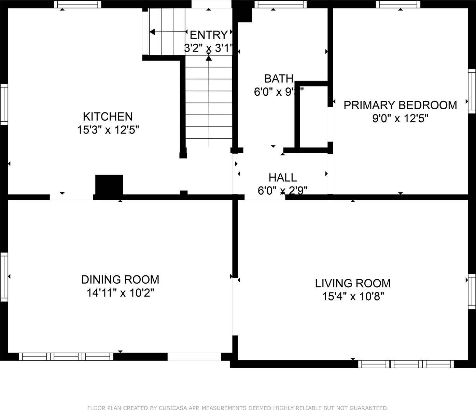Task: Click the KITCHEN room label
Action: pyautogui.click(x=108, y=117)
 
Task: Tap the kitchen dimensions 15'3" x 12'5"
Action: pyautogui.click(x=108, y=130)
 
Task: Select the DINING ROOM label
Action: pyautogui.click(x=120, y=279)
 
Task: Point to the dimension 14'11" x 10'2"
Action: pyautogui.click(x=120, y=293)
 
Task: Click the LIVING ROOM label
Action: pyautogui.click(x=353, y=283)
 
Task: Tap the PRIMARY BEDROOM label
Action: pyautogui.click(x=400, y=105)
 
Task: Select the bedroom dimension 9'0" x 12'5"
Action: pyautogui.click(x=400, y=119)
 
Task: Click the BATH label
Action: pyautogui.click(x=279, y=79)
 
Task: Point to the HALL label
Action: pyautogui.click(x=282, y=177)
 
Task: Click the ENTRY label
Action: pyautogui.click(x=208, y=35)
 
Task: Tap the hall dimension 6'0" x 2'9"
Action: pyautogui.click(x=282, y=190)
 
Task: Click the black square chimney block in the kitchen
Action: pyautogui.click(x=109, y=185)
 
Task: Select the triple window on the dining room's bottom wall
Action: pyautogui.click(x=66, y=357)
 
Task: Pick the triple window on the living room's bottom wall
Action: pyautogui.click(x=406, y=364)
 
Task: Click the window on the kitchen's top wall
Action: pyautogui.click(x=78, y=4)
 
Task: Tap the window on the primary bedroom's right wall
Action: pyautogui.click(x=472, y=91)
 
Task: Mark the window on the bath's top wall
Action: pyautogui.click(x=280, y=4)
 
